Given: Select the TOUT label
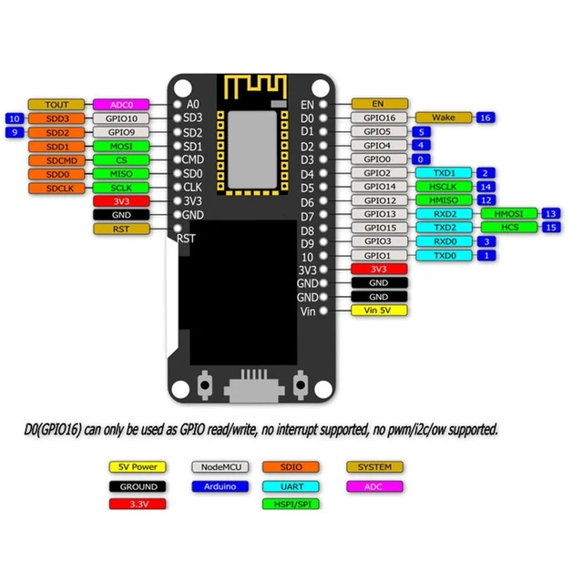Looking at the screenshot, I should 56,105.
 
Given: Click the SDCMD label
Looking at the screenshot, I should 56,159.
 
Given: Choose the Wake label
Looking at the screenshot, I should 444,118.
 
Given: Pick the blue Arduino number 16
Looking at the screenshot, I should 486,118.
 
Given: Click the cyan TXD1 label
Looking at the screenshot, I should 444,173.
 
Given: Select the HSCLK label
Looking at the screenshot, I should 444,187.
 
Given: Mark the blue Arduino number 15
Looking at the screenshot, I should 550,227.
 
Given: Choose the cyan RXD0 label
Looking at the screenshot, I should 444,241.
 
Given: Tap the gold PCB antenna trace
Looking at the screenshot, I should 253,87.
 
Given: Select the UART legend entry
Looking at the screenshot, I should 291,486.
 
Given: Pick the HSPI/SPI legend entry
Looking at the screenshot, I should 291,504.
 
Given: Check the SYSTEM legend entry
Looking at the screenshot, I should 374,467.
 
